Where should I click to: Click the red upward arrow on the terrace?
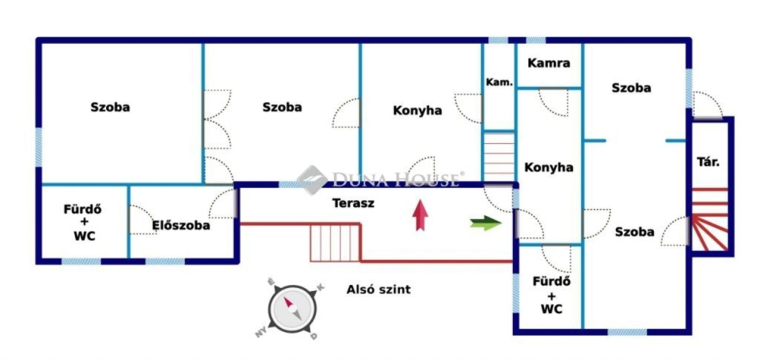pos(421,215)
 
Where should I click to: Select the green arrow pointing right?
pos(485,223)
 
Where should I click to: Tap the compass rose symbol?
pos(292,309)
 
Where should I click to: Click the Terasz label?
pos(353,203)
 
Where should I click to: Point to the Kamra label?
pos(548,63)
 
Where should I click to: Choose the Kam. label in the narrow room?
pos(499,82)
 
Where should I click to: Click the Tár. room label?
pos(708,162)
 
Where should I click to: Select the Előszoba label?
pos(181,226)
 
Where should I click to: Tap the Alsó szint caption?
pos(378,289)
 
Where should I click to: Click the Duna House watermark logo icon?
pos(312,180)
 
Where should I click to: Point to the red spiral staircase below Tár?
pos(710,219)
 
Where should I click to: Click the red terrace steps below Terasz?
pos(335,242)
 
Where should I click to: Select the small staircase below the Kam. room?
pos(499,156)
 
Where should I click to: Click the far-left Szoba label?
pos(110,107)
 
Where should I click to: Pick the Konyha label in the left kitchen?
pos(417,111)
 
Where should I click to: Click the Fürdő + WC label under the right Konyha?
pos(551,295)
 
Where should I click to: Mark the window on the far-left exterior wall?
pos(39,147)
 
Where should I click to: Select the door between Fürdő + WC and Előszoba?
pos(142,220)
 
